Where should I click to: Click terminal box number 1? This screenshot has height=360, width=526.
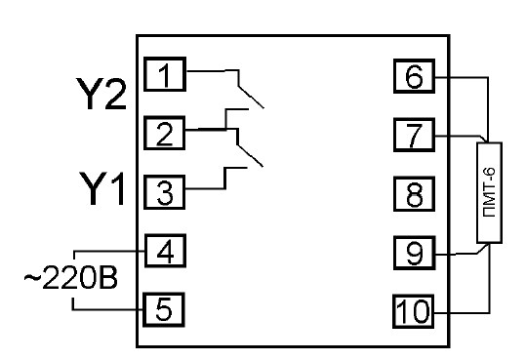tap(165, 74)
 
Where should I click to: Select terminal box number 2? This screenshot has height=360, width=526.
tap(164, 133)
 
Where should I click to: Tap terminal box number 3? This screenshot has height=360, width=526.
tap(164, 192)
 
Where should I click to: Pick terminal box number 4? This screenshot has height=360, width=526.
tap(165, 251)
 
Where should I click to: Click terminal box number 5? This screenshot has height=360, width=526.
tap(164, 309)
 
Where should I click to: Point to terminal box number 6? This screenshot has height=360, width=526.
tap(415, 76)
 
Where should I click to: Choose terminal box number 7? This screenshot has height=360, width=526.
tap(415, 135)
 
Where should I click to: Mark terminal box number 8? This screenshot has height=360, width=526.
tap(415, 194)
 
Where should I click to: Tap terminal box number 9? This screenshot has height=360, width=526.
tap(415, 253)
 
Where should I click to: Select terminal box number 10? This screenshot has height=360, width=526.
tap(414, 311)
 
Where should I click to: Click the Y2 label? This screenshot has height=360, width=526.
tap(101, 94)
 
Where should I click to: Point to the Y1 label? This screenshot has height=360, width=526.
tap(101, 188)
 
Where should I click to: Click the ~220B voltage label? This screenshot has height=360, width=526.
tap(71, 277)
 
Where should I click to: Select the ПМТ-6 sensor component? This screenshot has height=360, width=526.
tap(490, 192)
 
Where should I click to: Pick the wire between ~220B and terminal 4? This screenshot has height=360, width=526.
tap(107, 251)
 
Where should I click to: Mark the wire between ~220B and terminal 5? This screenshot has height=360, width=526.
tap(107, 309)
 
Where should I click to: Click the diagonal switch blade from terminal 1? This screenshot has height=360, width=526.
tap(251, 98)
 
